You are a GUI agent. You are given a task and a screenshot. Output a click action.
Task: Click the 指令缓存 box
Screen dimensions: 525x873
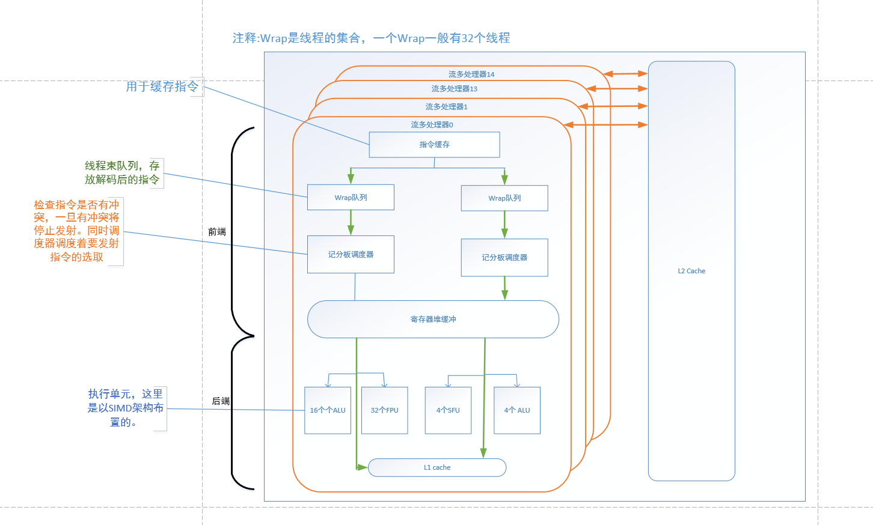tap(434, 145)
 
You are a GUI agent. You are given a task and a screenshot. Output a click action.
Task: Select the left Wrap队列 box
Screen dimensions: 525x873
tap(351, 197)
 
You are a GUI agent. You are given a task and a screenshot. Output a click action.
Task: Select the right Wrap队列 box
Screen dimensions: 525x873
tap(504, 198)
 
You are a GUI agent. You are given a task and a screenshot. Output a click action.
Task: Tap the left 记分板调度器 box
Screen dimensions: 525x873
tap(351, 255)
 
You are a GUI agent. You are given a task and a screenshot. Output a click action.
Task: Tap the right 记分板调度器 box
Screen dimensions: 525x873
tap(504, 258)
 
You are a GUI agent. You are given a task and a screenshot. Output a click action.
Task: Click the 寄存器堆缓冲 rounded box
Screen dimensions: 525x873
tap(433, 319)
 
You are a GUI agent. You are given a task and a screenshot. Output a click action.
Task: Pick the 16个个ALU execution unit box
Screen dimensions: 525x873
tap(328, 410)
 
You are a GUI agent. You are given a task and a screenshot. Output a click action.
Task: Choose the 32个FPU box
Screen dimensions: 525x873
tap(384, 410)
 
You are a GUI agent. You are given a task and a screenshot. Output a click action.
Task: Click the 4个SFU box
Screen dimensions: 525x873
tap(448, 410)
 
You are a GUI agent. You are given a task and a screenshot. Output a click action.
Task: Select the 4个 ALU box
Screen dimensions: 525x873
tap(517, 410)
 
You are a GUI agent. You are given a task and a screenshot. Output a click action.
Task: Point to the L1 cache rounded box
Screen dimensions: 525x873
tap(437, 467)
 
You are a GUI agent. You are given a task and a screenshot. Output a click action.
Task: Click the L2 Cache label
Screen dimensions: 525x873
tap(691, 271)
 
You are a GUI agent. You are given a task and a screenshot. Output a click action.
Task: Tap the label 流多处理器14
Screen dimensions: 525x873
tap(471, 74)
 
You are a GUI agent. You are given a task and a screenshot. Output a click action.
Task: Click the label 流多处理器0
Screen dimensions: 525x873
tap(432, 125)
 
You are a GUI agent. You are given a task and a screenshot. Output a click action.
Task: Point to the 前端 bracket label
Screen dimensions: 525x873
tap(217, 232)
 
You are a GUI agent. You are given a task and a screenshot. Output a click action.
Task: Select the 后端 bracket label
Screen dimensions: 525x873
tap(221, 401)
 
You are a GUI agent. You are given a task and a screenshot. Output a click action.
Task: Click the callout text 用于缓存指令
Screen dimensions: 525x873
tap(162, 86)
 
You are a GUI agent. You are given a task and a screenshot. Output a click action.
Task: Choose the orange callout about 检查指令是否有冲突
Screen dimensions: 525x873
tap(76, 231)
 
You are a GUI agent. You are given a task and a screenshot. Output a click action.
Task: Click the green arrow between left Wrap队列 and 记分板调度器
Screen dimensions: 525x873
tap(351, 223)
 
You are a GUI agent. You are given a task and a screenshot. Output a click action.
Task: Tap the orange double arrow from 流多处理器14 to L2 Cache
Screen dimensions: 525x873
tap(625, 74)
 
